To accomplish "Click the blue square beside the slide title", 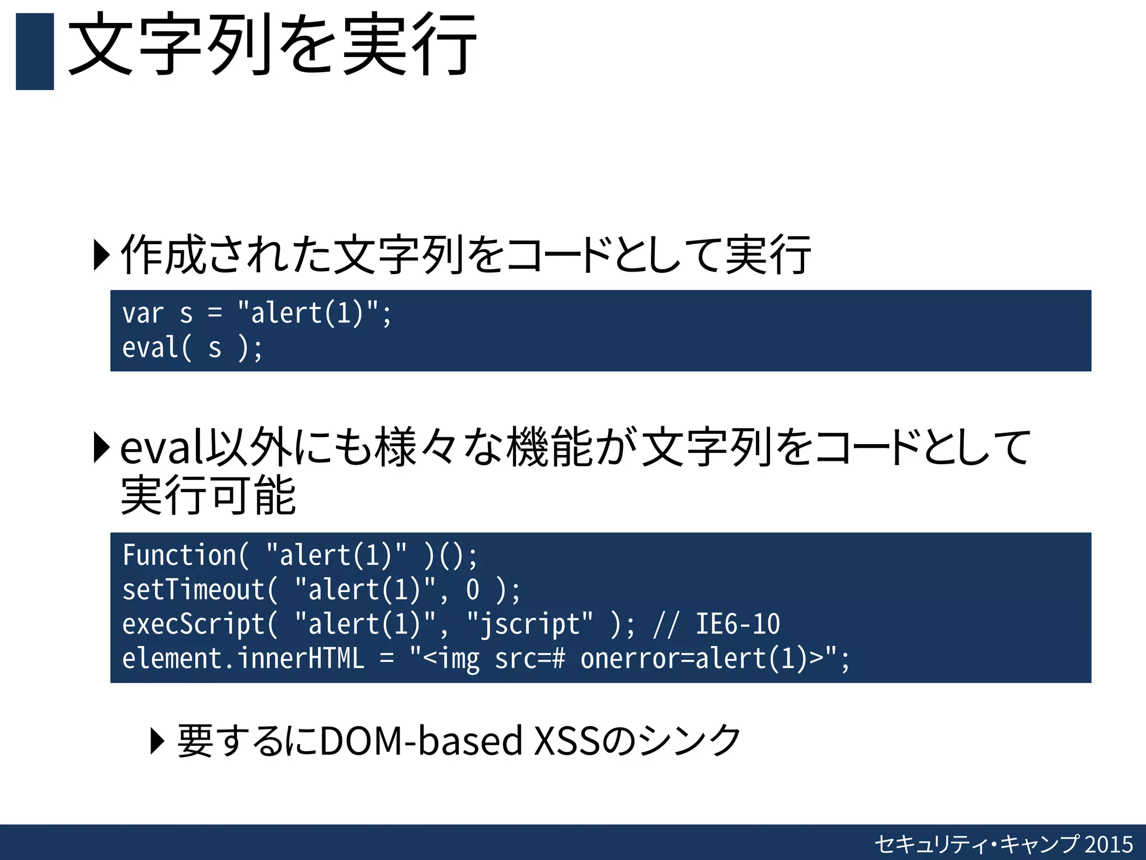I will coord(35,52).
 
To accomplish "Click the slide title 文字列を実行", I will coord(272,45).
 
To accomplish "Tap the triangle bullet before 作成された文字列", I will coord(101,255).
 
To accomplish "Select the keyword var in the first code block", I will coord(143,313).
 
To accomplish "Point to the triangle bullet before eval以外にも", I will coord(101,447).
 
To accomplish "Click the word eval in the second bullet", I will coord(162,448).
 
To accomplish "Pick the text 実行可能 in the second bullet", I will coord(208,496).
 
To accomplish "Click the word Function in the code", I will coord(179,555).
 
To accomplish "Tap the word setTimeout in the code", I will coord(194,590).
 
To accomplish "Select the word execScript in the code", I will coord(194,624).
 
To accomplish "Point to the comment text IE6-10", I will coord(738,624).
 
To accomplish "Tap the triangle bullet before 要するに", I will coord(158,741).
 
